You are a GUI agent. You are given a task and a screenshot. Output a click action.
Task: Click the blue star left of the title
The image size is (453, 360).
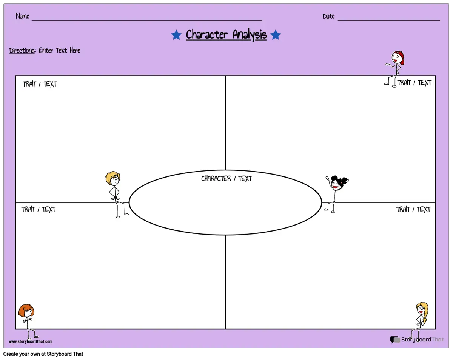176,35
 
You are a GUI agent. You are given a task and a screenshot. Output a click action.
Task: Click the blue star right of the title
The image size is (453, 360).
275,35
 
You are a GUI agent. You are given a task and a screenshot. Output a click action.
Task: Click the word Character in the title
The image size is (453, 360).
207,34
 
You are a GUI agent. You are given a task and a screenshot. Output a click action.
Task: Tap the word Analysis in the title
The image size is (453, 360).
250,35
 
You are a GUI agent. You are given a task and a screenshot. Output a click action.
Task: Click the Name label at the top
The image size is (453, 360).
22,16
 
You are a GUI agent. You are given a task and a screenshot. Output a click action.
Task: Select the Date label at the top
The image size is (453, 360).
328,16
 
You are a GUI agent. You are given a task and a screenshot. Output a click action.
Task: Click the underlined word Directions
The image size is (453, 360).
22,51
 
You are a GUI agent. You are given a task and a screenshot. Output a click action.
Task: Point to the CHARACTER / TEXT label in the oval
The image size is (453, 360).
226,178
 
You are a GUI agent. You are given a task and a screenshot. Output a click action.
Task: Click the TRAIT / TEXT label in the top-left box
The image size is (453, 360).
40,84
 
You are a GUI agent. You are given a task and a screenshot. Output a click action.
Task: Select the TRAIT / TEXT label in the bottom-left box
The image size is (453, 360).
39,209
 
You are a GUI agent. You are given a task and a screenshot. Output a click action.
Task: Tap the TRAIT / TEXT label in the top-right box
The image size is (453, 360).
414,83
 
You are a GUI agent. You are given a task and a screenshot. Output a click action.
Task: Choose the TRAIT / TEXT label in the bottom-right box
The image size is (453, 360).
413,209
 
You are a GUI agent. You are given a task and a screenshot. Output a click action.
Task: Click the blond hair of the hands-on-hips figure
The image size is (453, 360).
112,177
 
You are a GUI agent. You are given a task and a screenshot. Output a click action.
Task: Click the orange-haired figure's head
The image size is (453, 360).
26,311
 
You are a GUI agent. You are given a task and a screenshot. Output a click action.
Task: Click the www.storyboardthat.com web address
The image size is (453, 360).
30,341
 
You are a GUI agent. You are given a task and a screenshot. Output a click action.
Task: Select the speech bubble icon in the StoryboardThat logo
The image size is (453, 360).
395,340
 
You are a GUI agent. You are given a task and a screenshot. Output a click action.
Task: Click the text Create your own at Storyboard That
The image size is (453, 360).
43,354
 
